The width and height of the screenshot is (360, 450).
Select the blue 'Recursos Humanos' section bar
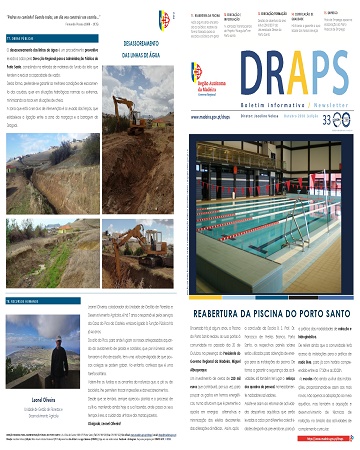(30, 246)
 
